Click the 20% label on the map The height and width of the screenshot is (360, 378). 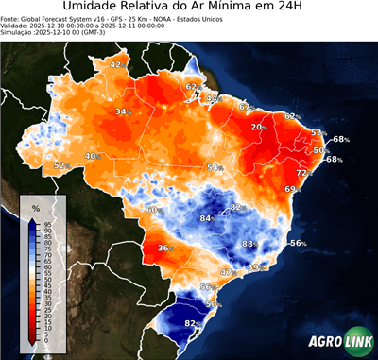(257, 127)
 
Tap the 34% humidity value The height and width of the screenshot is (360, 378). (122, 112)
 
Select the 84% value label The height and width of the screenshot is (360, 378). (206, 218)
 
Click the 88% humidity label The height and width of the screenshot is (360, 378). (249, 244)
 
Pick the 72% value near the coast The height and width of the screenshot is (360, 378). (304, 174)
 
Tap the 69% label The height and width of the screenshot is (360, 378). (292, 190)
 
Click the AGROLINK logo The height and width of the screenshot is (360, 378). (337, 344)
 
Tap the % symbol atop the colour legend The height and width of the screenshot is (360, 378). (35, 207)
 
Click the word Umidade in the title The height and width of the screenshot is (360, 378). (94, 9)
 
